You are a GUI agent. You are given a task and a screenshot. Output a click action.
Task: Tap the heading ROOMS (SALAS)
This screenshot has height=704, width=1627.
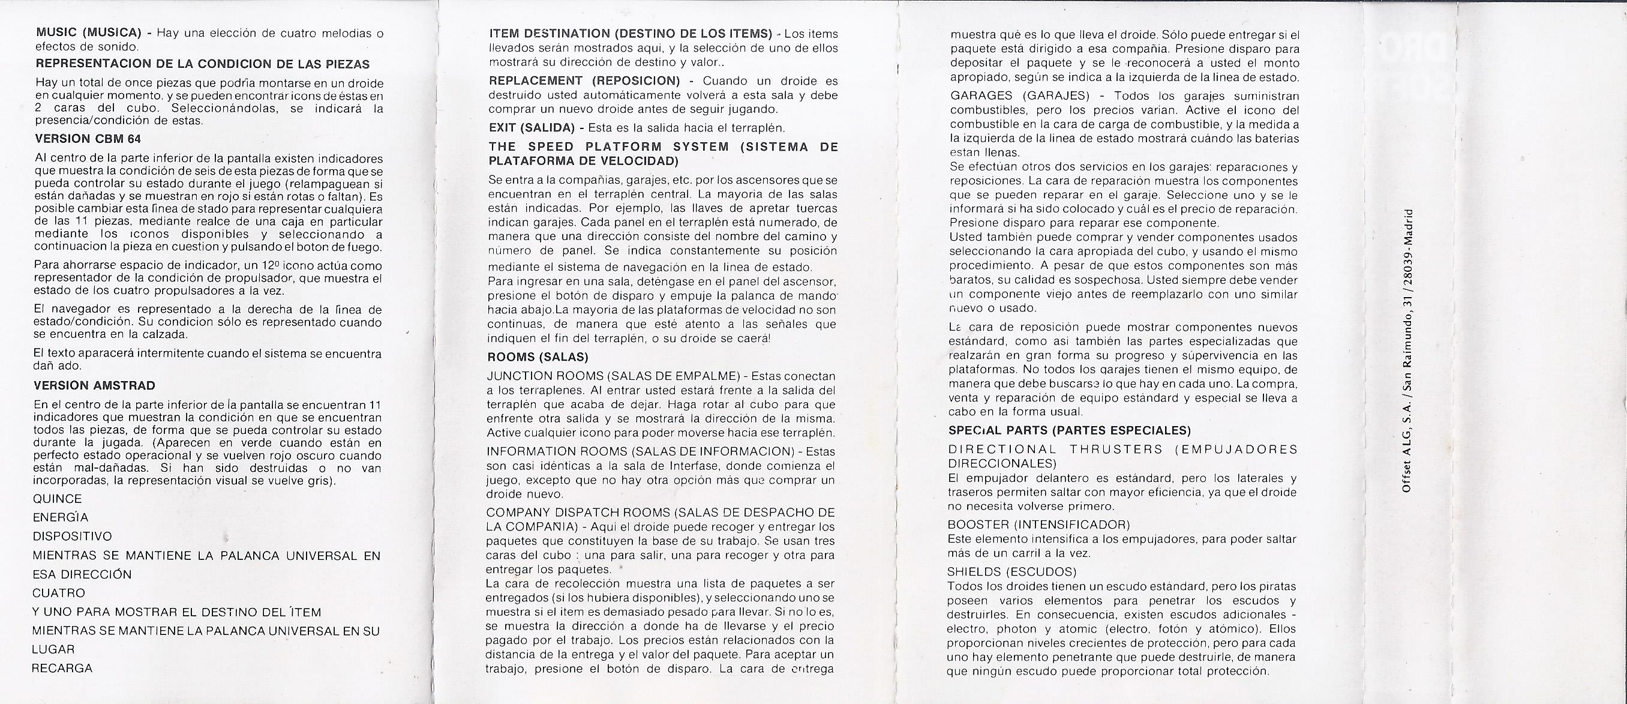pyautogui.click(x=538, y=357)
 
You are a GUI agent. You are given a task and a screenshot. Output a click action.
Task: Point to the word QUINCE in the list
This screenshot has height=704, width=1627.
pyautogui.click(x=58, y=499)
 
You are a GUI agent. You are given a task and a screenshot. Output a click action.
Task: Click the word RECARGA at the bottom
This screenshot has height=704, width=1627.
pyautogui.click(x=62, y=668)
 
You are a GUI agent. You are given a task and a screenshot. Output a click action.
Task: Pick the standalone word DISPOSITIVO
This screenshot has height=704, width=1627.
pyautogui.click(x=72, y=537)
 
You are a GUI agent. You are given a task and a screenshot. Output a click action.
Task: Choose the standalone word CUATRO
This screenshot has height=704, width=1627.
pyautogui.click(x=59, y=593)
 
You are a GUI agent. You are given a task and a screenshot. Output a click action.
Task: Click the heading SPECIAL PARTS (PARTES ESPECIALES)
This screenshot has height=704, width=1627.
pyautogui.click(x=1069, y=431)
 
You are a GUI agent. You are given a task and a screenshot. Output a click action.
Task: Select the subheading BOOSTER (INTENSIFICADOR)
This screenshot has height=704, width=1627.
pyautogui.click(x=1038, y=525)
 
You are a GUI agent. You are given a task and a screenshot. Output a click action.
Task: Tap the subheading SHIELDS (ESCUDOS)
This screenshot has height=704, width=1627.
pyautogui.click(x=1012, y=572)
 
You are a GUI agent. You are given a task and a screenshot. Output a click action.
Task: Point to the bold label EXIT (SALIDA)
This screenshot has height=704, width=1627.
pyautogui.click(x=532, y=128)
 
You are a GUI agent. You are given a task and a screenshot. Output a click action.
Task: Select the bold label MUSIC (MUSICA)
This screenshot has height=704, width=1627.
pyautogui.click(x=88, y=33)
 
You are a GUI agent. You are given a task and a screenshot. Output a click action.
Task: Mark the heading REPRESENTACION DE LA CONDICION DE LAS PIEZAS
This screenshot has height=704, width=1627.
pyautogui.click(x=203, y=64)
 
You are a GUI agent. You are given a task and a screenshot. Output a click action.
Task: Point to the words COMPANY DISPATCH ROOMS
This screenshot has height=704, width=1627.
pyautogui.click(x=572, y=512)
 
